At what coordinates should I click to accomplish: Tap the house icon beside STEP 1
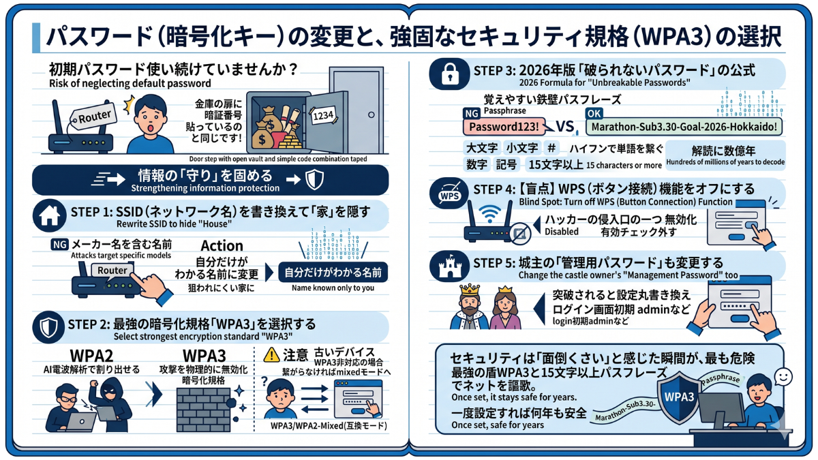[x=50, y=215]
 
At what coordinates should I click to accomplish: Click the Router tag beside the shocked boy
[x=94, y=117]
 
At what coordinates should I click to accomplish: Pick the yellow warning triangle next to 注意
[x=271, y=354]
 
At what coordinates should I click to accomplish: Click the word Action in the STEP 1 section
[x=222, y=245]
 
